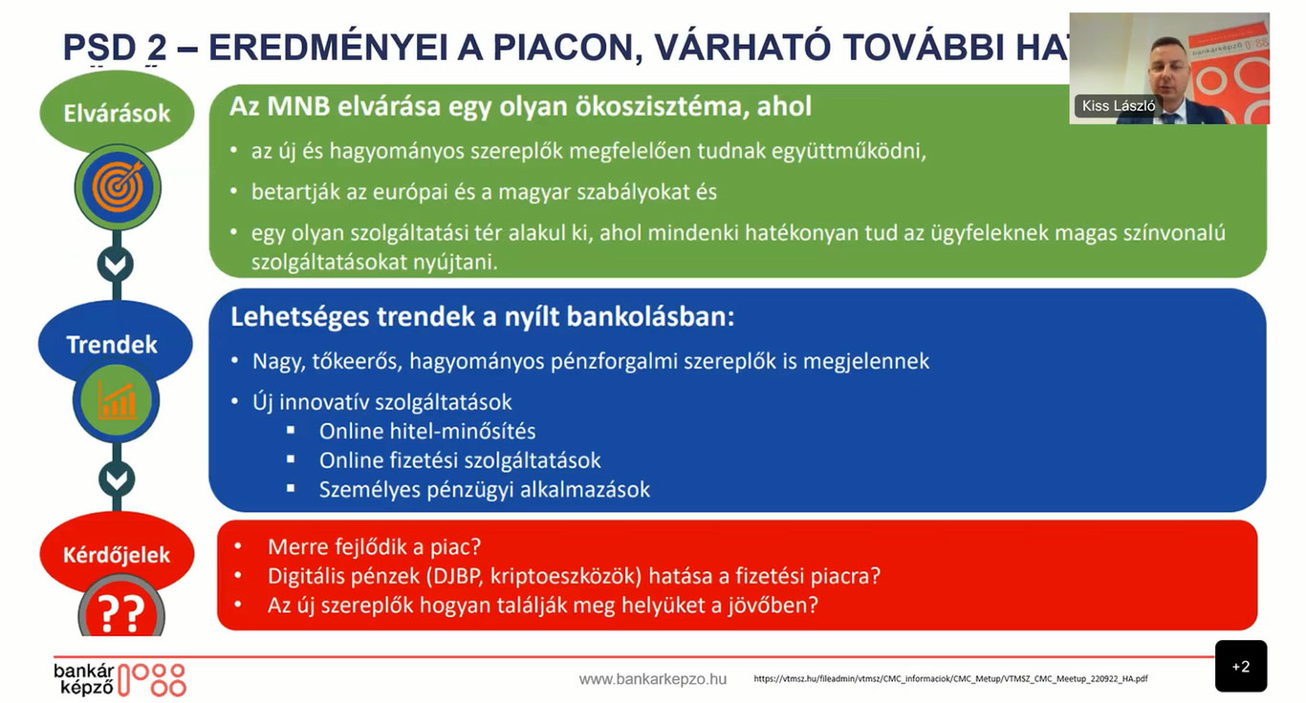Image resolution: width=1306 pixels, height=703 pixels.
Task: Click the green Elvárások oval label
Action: pos(117,114)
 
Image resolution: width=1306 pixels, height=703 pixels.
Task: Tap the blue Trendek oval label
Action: pos(113,344)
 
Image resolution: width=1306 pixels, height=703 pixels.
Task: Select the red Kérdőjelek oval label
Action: pos(117,554)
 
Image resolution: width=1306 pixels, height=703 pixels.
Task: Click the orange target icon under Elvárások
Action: pos(117,187)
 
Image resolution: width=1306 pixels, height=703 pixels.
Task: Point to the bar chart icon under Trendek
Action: pos(117,401)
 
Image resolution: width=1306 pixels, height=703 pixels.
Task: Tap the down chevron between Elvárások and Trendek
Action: pos(116,264)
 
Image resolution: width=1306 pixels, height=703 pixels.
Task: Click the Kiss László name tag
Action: pos(1118,106)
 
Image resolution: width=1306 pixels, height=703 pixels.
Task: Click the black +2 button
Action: pos(1240,667)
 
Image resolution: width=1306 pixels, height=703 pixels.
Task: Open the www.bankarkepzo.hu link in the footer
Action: pos(652,679)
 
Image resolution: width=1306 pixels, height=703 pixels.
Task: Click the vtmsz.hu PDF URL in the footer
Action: pos(950,679)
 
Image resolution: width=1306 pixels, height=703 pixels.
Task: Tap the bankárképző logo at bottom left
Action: pos(120,678)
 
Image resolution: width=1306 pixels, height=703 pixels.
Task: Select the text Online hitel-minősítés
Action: pos(427,431)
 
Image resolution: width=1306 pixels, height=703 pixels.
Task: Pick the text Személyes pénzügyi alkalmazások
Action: pos(484,490)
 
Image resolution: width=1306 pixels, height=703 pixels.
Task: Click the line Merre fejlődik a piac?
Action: pos(374,547)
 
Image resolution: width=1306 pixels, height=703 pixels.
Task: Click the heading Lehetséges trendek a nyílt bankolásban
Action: pos(482,317)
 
